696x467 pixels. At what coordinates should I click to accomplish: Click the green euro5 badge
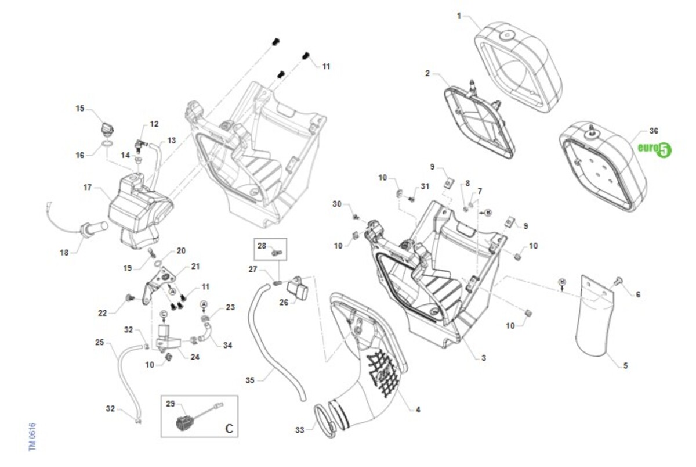pos(654,149)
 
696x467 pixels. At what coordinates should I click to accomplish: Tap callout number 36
pos(654,131)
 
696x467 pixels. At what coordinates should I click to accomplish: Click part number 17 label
pos(88,188)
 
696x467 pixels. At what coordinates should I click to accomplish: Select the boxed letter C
pos(229,429)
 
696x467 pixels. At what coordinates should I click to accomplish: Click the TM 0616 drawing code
pos(33,436)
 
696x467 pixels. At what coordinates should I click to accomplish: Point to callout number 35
pos(250,381)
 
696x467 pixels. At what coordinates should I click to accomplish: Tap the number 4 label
pos(418,409)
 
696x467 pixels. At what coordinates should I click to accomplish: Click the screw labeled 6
pos(617,282)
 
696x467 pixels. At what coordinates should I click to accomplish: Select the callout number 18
pos(64,253)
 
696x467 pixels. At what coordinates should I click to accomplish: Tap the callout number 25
pos(99,343)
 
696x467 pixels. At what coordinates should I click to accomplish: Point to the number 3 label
pos(484,358)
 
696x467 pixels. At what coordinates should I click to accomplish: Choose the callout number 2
pos(427,73)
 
